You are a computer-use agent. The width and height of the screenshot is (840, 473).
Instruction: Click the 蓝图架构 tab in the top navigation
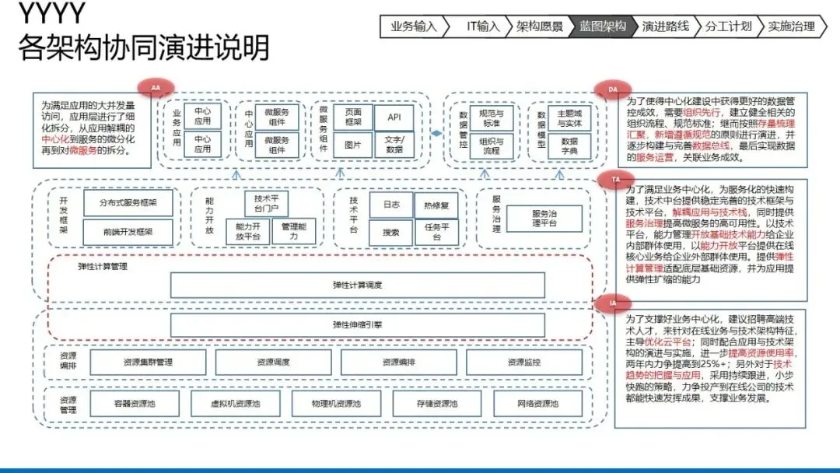click(602, 26)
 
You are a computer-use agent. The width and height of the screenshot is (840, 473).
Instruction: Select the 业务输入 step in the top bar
click(414, 26)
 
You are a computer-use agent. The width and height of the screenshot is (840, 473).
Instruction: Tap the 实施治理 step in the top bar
click(791, 26)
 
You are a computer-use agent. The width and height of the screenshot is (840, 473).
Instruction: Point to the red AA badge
click(156, 87)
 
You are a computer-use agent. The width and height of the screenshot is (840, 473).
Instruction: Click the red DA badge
click(613, 90)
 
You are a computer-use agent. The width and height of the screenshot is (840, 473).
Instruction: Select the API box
click(394, 117)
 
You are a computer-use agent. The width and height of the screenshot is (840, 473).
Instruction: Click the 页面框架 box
click(353, 117)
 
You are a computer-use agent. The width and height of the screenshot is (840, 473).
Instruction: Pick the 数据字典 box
click(569, 146)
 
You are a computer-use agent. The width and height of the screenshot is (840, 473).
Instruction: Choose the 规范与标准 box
click(491, 118)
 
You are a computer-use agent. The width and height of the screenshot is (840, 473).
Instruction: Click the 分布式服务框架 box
click(128, 203)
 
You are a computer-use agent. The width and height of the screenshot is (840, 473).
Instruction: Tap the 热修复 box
click(436, 205)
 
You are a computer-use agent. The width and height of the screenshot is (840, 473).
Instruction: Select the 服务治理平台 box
click(544, 219)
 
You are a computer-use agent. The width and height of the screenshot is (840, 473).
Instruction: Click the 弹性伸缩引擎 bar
click(357, 324)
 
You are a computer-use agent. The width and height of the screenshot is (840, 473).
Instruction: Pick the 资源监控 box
click(524, 362)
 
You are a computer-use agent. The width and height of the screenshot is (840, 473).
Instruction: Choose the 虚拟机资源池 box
click(235, 404)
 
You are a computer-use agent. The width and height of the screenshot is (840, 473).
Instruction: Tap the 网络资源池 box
click(537, 404)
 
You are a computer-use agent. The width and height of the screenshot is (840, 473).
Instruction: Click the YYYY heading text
click(51, 14)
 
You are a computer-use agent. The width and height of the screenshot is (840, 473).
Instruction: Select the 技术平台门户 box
click(265, 205)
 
